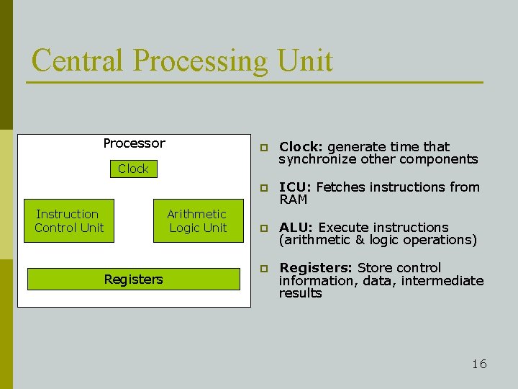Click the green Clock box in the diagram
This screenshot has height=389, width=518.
(x=133, y=169)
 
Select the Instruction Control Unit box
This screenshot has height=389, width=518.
(x=69, y=220)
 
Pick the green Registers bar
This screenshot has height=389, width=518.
(x=133, y=279)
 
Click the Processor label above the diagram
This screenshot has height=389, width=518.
(x=134, y=143)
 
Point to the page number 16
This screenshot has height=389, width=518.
(x=479, y=364)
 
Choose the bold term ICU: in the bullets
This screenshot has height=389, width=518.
(x=296, y=187)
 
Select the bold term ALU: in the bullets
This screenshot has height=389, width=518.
(x=296, y=228)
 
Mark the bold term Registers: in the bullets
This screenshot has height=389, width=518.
(x=316, y=268)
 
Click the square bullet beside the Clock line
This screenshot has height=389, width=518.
(x=264, y=148)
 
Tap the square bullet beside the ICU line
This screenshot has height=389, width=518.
(x=264, y=188)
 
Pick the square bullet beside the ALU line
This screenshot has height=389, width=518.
(x=264, y=228)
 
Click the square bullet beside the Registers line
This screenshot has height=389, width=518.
(x=264, y=269)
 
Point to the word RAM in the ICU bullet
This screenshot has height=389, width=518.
(x=293, y=200)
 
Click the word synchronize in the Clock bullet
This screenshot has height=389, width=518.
(x=317, y=159)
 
